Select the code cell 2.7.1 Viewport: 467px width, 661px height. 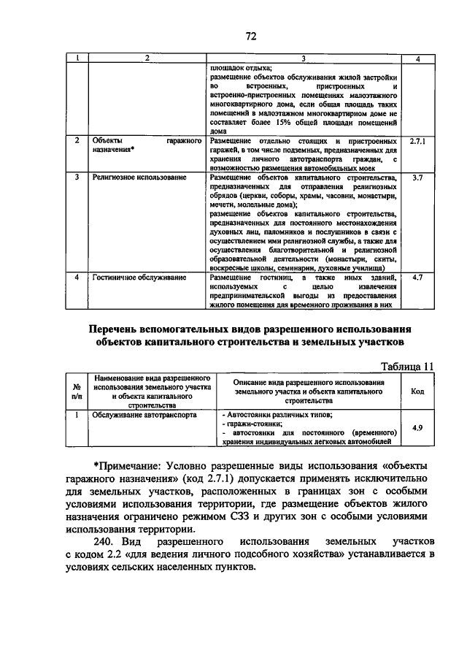click(417, 140)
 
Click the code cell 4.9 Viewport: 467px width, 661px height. click(417, 427)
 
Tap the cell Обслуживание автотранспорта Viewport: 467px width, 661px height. click(134, 414)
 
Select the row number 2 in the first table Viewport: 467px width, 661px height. click(77, 140)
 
